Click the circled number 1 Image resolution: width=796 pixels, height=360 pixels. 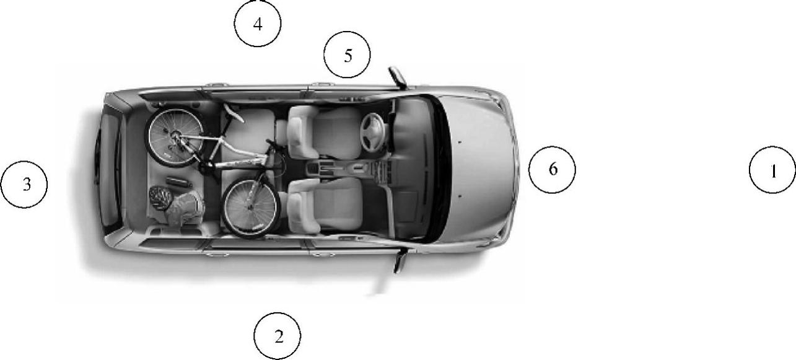pos(772,170)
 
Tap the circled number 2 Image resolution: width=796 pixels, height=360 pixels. pos(277,336)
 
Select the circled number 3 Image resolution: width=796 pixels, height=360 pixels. pos(24,185)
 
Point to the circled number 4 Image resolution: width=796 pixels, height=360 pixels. pos(258,24)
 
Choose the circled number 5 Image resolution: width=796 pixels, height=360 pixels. pos(347,55)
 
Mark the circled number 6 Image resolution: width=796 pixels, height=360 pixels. pos(552,170)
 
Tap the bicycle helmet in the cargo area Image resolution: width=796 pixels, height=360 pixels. pos(160,198)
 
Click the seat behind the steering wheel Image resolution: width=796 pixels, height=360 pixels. pos(323,132)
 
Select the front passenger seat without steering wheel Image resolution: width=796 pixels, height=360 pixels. pos(324,206)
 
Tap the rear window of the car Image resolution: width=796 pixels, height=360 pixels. pos(108,170)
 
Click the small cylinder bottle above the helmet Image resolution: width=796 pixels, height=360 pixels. pos(180,182)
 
